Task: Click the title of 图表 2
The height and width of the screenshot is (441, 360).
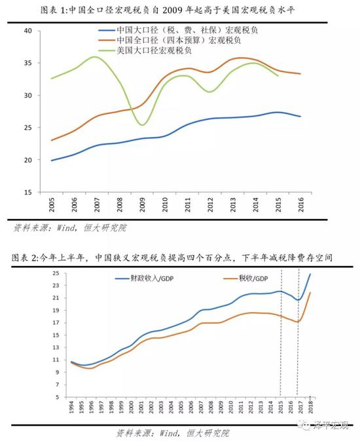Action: point(179,259)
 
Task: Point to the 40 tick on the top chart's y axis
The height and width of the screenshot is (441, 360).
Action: point(27,31)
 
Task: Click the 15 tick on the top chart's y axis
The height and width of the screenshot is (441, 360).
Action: point(27,192)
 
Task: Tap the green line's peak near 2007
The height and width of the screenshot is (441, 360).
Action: point(96,57)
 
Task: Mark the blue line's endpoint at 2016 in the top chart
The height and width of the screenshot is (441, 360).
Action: point(300,117)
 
